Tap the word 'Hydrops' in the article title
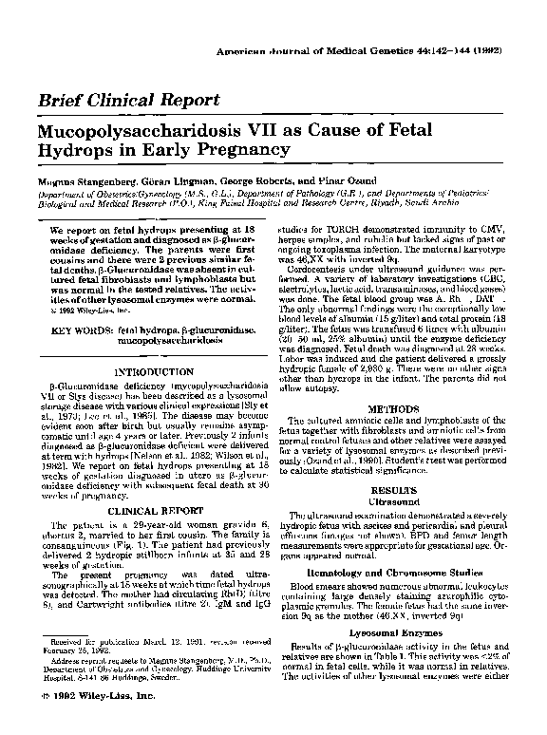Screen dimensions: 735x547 tap(75, 150)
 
